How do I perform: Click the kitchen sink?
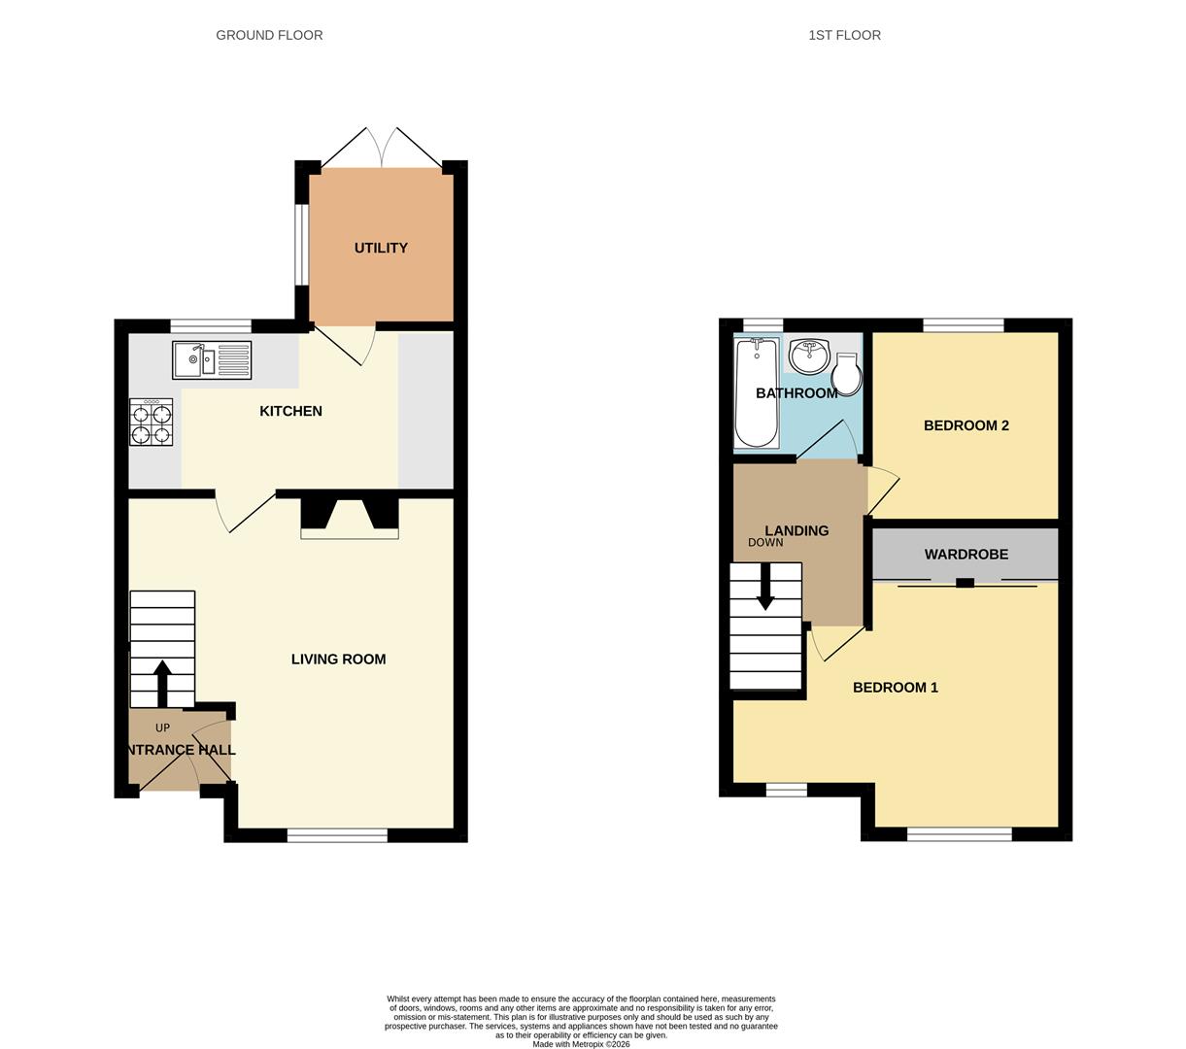point(212,360)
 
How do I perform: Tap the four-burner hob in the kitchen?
point(152,423)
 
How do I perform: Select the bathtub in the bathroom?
point(757,392)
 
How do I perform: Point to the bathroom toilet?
point(846,375)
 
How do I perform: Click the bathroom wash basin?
point(808,355)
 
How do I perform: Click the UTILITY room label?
point(381,248)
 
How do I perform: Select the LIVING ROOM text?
point(338,660)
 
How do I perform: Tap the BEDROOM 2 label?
point(966,425)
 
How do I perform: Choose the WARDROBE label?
point(966,555)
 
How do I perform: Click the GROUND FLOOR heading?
point(269,35)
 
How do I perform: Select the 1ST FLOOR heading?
point(844,35)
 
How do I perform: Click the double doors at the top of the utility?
point(381,148)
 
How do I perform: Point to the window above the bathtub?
point(763,324)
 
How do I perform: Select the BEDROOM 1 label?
point(895,688)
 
